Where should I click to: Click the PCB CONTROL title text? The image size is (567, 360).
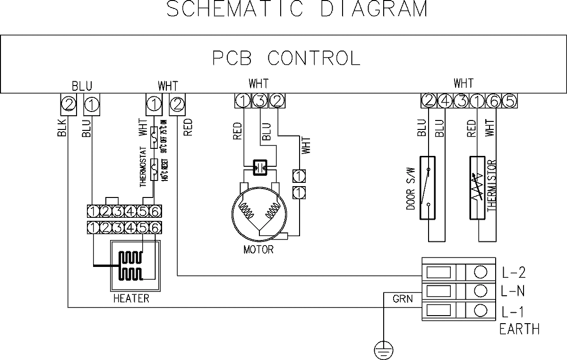coord(286,58)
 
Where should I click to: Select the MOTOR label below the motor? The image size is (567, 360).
coord(258,249)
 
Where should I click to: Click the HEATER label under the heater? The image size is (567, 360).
coord(131,299)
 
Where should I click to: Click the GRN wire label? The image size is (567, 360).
coord(403,299)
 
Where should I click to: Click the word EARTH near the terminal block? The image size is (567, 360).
coord(519,329)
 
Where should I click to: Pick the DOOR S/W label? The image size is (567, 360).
coord(410,193)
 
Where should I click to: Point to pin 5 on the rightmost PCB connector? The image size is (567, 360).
coord(508,101)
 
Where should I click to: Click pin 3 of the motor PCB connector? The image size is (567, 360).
coord(259,101)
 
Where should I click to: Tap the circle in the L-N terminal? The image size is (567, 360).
coord(481,291)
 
